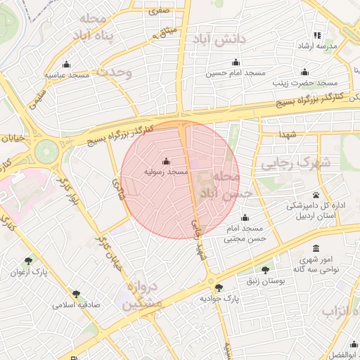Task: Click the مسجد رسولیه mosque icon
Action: (x=166, y=161)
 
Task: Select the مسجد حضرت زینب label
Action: (x=304, y=82)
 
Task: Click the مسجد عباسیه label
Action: (x=66, y=74)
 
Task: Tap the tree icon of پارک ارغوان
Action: (x=28, y=261)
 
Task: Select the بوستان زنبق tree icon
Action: (x=265, y=270)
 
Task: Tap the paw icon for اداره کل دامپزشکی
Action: (x=316, y=195)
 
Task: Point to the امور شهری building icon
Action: (x=316, y=249)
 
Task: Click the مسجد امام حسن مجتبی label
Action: (x=244, y=234)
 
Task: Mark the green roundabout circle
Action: (x=47, y=150)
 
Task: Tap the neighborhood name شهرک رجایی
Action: (x=290, y=165)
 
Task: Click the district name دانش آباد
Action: (x=223, y=39)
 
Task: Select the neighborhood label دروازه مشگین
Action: (x=142, y=296)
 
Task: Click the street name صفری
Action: (x=158, y=11)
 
